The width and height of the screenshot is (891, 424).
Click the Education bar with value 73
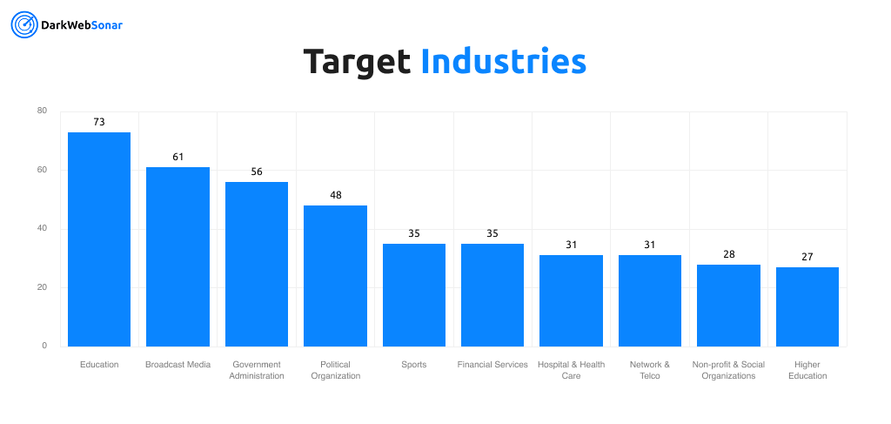[x=99, y=239]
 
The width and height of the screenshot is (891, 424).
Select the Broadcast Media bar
[x=178, y=257]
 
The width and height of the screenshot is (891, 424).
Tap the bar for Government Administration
[x=257, y=264]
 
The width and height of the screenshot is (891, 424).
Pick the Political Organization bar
[x=335, y=276]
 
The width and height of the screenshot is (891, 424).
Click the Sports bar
[x=414, y=295]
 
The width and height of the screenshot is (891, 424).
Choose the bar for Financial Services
[x=492, y=295]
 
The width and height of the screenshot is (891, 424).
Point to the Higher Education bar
[x=807, y=306]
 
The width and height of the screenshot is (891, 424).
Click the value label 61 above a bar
[x=178, y=157]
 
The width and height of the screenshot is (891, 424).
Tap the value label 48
[x=336, y=195]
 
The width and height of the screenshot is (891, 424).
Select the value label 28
[x=728, y=254]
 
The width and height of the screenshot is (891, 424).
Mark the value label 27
[x=807, y=257]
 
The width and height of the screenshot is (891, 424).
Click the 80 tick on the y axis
[x=43, y=111]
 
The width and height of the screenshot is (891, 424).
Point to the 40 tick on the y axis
[x=43, y=229]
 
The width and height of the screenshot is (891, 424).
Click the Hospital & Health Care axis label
[x=571, y=370]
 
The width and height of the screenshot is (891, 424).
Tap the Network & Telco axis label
[x=650, y=370]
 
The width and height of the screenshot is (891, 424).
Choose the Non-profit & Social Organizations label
[x=728, y=370]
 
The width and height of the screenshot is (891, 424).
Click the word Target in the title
[x=357, y=62]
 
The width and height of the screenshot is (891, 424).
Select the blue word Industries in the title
[x=503, y=62]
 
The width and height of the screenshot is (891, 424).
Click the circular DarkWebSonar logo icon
[x=23, y=25]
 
